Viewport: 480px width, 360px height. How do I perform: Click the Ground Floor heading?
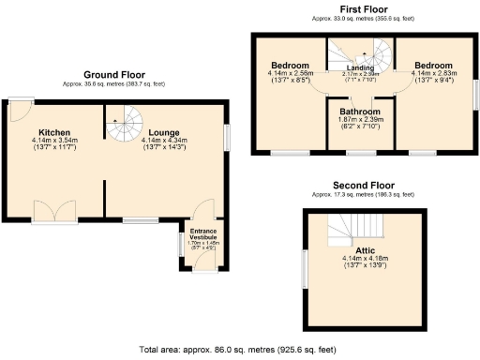(x=114, y=74)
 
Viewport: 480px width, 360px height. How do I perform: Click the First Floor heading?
(x=366, y=7)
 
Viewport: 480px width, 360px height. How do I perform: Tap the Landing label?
(x=361, y=67)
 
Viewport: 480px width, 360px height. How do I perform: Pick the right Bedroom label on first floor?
(x=433, y=65)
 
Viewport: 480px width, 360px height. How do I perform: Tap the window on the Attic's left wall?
(x=304, y=267)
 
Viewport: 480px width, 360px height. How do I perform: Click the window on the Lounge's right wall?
(x=226, y=138)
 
